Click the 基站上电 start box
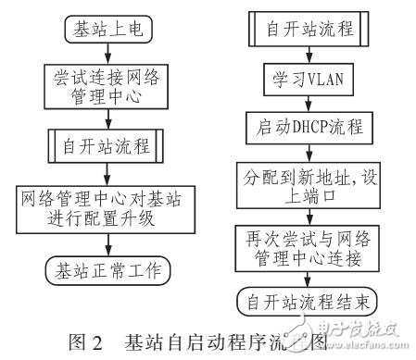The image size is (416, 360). [107, 29]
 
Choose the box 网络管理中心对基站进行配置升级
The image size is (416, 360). [107, 205]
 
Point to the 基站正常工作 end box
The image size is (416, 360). [107, 271]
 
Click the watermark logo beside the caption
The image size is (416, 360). [330, 333]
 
